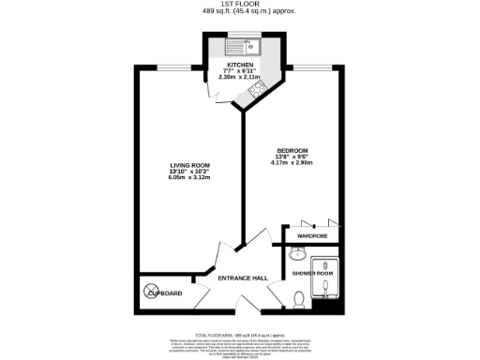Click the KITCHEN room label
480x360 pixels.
point(239,64)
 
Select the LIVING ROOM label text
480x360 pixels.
point(188,165)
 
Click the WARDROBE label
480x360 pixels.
point(312,235)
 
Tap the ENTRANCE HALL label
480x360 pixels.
point(243,277)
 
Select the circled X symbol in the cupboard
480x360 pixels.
point(154,292)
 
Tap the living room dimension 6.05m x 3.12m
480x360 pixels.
point(188,177)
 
